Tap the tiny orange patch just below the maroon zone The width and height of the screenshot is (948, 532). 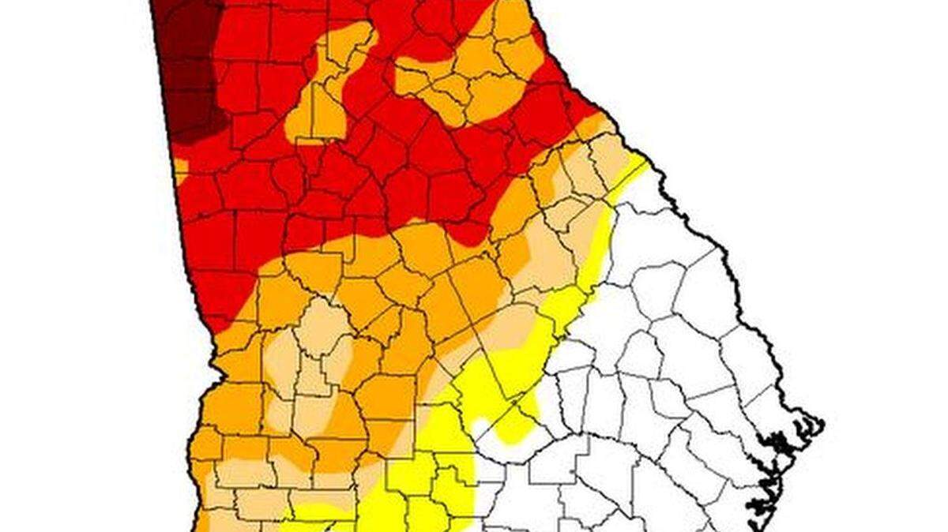180,170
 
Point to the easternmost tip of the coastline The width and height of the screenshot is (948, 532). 822,427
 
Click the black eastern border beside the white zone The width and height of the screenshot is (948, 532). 711,237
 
